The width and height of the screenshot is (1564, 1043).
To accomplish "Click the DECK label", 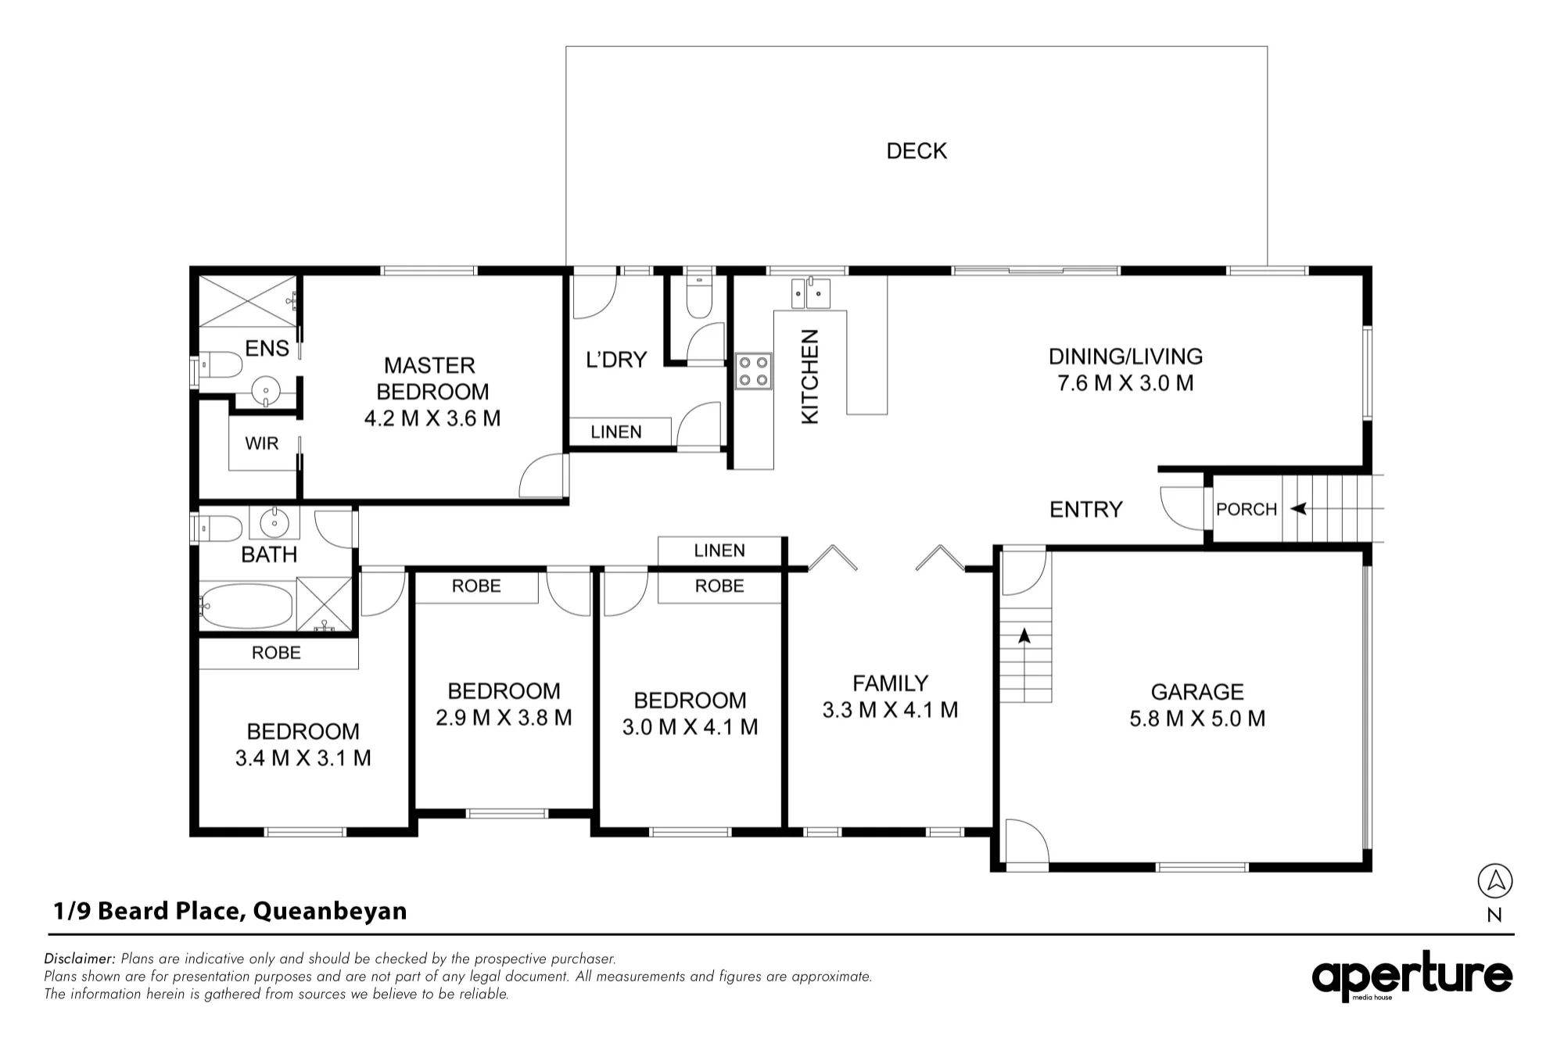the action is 917,151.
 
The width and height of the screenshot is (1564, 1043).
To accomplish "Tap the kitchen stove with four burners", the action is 753,371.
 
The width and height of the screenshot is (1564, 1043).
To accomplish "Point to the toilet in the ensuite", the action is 221,364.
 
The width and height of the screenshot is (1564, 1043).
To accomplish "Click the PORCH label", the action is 1247,509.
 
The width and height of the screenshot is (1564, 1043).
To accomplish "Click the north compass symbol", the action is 1495,881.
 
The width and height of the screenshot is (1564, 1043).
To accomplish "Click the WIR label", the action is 261,443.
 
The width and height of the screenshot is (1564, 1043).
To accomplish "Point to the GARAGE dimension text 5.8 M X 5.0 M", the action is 1197,719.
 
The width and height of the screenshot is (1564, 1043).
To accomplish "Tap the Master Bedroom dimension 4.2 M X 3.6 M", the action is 432,418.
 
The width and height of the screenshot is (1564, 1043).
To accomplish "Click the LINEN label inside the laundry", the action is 616,432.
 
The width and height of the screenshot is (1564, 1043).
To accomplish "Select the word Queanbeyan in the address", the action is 330,912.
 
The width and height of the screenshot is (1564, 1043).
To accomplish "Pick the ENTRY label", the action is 1086,510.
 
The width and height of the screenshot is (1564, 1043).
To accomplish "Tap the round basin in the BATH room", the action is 274,522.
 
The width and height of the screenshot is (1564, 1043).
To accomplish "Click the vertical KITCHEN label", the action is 810,377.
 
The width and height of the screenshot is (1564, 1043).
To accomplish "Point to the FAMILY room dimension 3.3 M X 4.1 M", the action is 890,710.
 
